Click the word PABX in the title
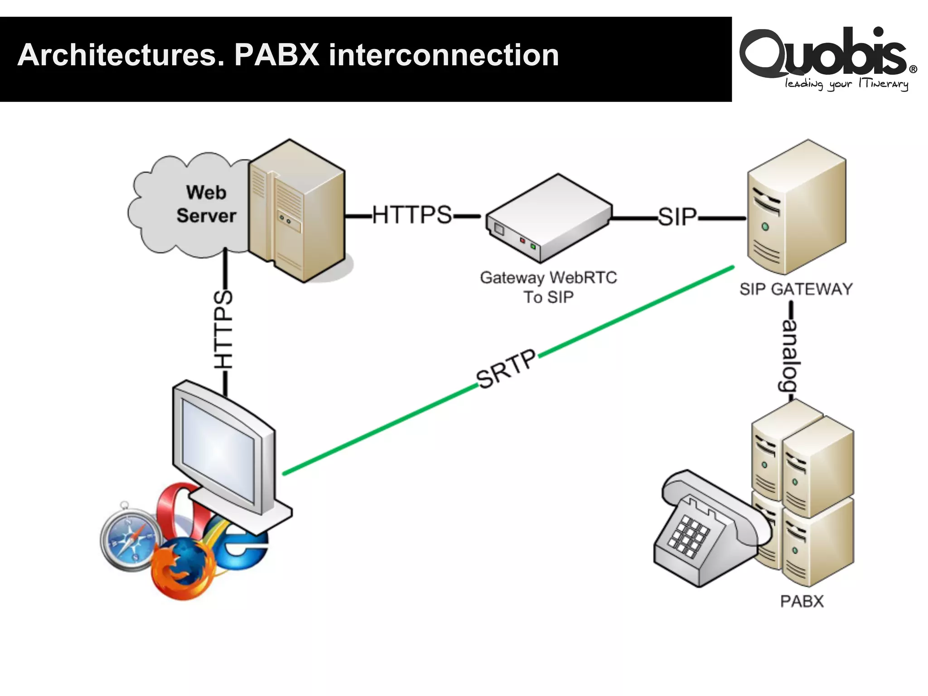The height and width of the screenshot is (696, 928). click(x=276, y=55)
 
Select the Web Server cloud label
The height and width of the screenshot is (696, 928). click(x=206, y=204)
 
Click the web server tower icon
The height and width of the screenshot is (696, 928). click(x=297, y=211)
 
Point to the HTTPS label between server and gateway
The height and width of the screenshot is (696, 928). click(x=412, y=215)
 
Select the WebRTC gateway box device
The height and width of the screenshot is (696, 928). click(x=548, y=217)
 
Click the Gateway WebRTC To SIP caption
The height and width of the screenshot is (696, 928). click(x=548, y=287)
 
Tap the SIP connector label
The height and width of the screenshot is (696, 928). click(x=677, y=217)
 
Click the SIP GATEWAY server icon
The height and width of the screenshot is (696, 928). click(x=796, y=206)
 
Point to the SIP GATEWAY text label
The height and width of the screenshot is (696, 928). click(x=796, y=289)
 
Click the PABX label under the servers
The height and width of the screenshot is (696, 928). click(x=802, y=601)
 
